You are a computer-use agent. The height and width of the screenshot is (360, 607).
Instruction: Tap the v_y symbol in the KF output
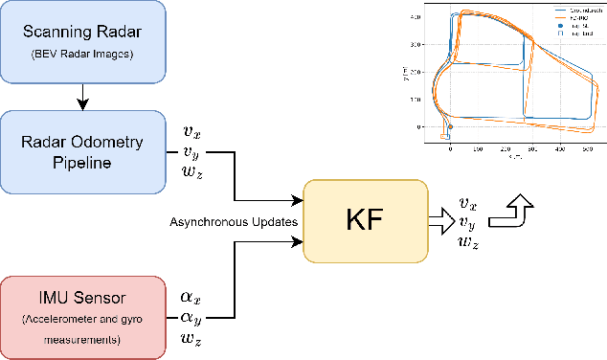(467, 222)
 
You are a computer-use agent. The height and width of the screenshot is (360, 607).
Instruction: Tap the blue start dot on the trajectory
(450, 127)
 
